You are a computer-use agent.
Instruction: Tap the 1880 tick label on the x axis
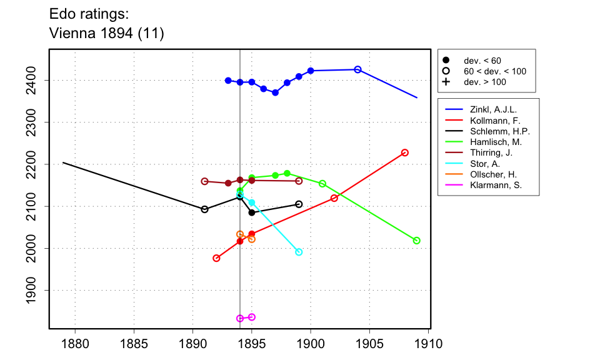click(75, 344)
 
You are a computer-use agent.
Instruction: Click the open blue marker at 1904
click(357, 69)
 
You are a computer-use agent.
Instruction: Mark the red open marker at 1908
click(405, 152)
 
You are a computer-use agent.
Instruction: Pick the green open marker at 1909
click(417, 241)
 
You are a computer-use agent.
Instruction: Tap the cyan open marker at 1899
click(299, 252)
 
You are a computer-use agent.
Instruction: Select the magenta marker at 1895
click(252, 317)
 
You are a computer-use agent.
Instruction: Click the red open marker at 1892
click(216, 258)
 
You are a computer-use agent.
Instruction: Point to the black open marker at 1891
click(204, 209)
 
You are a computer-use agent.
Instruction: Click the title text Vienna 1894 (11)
click(106, 34)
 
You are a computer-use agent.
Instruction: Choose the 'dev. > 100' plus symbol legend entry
click(446, 82)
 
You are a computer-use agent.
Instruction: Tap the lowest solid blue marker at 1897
click(275, 92)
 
